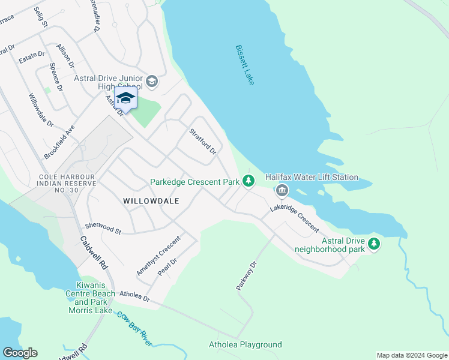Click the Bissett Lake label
(245, 65)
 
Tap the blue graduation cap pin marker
(125, 98)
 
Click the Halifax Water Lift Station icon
(282, 191)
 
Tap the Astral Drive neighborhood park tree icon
(375, 243)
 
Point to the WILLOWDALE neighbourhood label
(151, 201)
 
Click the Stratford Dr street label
(202, 142)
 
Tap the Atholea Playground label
(245, 344)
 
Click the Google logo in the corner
(20, 353)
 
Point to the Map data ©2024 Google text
(411, 355)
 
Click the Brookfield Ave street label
(59, 142)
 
